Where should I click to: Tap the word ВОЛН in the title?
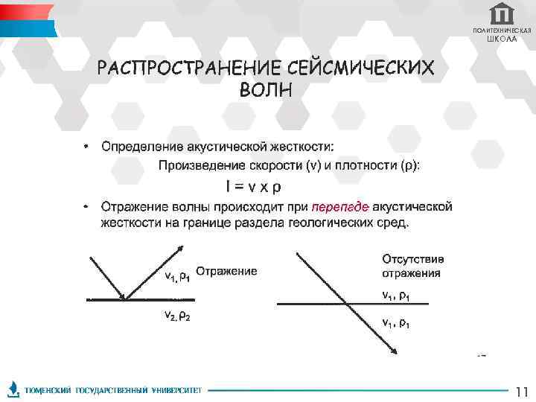coord(266,90)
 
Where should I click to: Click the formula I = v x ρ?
coord(253,185)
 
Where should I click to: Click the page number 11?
coord(521,391)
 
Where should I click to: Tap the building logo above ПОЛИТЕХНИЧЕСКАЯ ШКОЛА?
coord(502,13)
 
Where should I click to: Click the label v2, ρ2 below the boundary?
coord(177,316)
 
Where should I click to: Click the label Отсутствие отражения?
coord(413,266)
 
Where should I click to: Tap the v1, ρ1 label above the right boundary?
coord(396,295)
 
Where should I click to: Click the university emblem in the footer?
coord(13,390)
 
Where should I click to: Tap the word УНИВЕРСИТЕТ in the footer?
coord(177,390)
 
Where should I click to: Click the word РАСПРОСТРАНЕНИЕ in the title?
coord(189,68)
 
